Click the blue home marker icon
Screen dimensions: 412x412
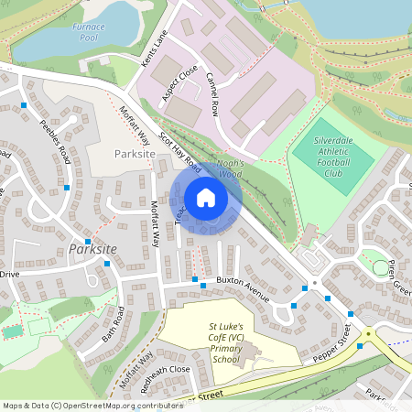click(x=206, y=198)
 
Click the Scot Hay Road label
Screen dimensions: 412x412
click(x=180, y=149)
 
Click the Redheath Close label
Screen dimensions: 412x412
click(x=165, y=369)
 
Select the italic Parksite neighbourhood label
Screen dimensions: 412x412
click(x=91, y=249)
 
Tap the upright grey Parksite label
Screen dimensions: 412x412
click(x=136, y=155)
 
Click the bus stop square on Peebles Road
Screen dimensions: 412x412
click(x=67, y=185)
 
